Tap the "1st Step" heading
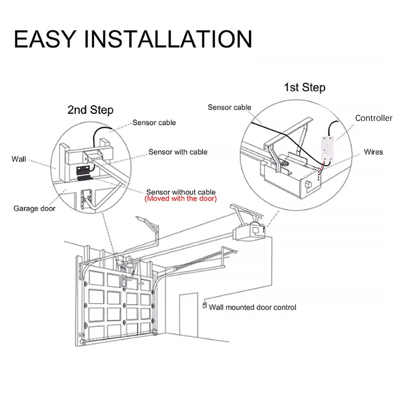[305, 88]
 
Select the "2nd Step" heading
[91, 110]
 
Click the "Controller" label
[373, 118]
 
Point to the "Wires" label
[373, 152]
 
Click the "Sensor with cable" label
[177, 152]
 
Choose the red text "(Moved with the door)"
[181, 199]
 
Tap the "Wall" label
[19, 159]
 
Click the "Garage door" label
[34, 208]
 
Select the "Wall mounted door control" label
[252, 307]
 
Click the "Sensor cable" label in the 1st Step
[229, 107]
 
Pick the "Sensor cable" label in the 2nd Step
[154, 122]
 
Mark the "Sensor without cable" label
[181, 192]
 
